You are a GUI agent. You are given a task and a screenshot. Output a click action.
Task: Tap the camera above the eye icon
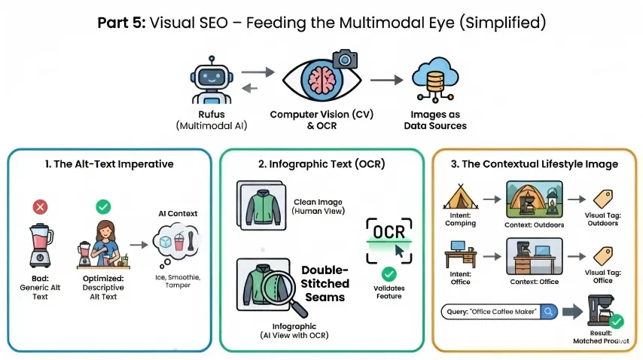tap(345, 59)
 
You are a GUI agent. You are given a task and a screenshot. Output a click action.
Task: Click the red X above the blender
tap(41, 206)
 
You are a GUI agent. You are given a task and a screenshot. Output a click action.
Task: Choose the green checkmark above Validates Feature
tap(389, 274)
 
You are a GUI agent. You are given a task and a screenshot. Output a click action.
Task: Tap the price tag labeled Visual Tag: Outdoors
tap(602, 197)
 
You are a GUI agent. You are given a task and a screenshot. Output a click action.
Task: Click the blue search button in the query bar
tap(550, 310)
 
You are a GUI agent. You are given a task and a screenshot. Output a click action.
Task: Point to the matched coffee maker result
tap(602, 310)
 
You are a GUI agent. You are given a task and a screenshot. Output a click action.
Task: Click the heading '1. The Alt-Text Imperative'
tap(109, 163)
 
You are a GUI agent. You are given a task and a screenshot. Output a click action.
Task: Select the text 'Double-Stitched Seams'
tap(325, 283)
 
